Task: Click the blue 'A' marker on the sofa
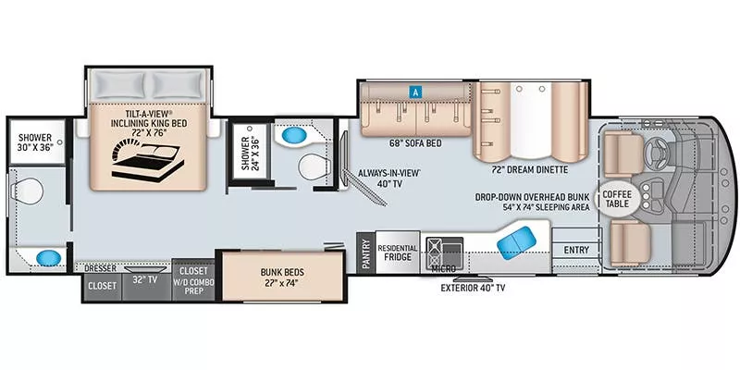415,92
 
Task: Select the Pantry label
365,253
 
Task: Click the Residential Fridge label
398,253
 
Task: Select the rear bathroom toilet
28,191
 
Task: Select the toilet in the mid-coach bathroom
314,167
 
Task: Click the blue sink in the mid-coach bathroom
294,136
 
